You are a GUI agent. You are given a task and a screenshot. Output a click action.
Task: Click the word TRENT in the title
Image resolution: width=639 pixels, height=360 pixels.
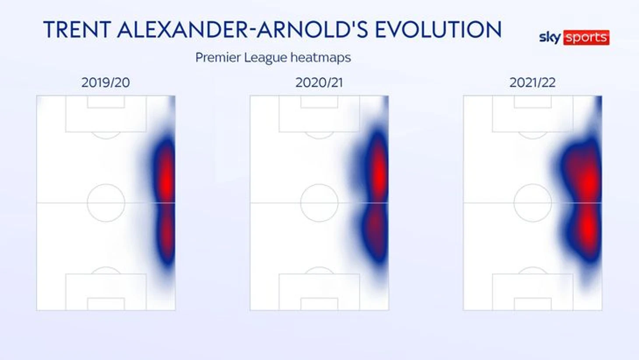click(77, 29)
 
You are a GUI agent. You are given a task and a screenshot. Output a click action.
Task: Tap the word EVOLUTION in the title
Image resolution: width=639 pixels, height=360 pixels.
click(438, 29)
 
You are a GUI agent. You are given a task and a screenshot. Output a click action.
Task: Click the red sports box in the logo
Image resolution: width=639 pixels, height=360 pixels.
click(586, 37)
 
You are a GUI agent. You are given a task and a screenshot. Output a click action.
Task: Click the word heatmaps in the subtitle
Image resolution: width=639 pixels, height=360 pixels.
click(321, 58)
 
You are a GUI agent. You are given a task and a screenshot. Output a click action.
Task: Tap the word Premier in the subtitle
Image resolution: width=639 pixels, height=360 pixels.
click(218, 57)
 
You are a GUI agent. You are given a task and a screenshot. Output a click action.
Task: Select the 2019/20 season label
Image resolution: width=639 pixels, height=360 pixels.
click(105, 83)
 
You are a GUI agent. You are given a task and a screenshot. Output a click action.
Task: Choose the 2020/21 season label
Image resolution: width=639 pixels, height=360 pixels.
click(319, 83)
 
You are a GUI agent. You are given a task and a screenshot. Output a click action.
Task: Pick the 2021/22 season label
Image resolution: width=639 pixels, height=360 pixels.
click(533, 83)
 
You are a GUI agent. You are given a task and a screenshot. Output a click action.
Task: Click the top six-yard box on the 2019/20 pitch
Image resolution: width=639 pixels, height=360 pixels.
click(106, 108)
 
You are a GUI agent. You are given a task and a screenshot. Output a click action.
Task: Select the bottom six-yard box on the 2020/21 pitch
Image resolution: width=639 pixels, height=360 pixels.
click(319, 298)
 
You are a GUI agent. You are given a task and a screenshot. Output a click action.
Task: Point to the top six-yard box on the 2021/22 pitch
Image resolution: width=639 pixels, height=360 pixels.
click(533, 108)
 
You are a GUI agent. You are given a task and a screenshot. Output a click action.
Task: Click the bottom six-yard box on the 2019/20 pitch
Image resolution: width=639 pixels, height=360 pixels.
click(106, 298)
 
